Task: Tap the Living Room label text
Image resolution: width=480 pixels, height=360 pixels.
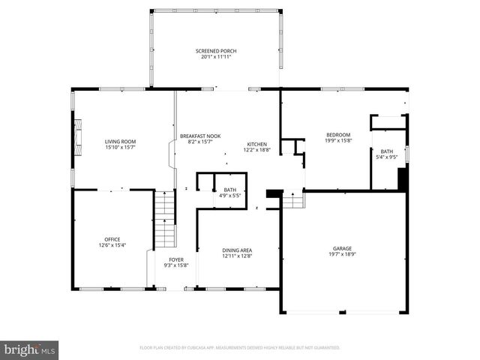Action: tap(120, 141)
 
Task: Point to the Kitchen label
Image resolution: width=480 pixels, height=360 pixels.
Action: tap(257, 144)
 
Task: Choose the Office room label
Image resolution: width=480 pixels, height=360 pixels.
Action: tap(112, 239)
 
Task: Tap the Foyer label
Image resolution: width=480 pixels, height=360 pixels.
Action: tap(175, 259)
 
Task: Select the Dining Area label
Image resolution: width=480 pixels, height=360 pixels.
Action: tap(236, 250)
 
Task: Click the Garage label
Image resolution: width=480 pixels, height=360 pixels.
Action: tap(342, 248)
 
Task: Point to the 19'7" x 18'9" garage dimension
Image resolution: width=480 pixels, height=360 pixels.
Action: tap(342, 254)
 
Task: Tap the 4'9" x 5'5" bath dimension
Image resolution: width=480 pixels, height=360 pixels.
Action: tap(230, 196)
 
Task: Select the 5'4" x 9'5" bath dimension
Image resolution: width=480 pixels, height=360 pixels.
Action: tap(386, 157)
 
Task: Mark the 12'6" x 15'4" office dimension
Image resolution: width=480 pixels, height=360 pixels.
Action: tap(112, 245)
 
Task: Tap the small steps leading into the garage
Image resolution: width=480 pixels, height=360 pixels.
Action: tap(294, 200)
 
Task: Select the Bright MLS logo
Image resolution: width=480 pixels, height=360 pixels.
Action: tap(29, 349)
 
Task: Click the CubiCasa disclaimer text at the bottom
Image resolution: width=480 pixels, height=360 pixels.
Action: tap(240, 348)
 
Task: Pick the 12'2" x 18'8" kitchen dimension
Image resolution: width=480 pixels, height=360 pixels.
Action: tap(257, 150)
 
